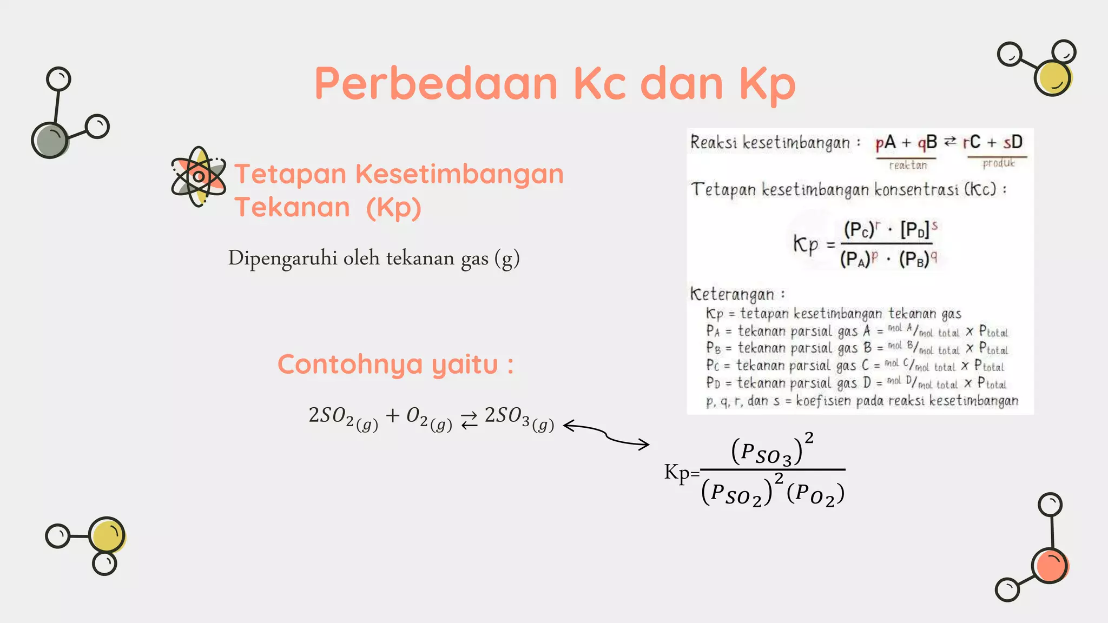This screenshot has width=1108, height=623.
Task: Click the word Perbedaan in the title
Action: tap(436, 84)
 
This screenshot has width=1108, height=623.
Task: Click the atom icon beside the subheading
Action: tap(198, 176)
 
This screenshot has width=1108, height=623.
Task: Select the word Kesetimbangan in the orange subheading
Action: tap(459, 174)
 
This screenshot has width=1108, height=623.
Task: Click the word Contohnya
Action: tap(349, 364)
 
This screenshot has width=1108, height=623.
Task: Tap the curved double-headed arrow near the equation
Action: tap(606, 435)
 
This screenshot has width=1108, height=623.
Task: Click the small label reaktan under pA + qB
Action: tap(908, 165)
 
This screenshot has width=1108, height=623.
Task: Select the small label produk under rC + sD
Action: tap(998, 163)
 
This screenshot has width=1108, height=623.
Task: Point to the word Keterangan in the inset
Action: tap(732, 294)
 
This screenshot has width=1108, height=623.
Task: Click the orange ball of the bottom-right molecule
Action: tap(1050, 566)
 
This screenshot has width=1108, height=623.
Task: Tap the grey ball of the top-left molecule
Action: tap(50, 140)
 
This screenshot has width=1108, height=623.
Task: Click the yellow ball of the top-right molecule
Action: tap(1052, 78)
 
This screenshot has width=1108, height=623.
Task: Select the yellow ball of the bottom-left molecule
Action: tap(107, 535)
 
